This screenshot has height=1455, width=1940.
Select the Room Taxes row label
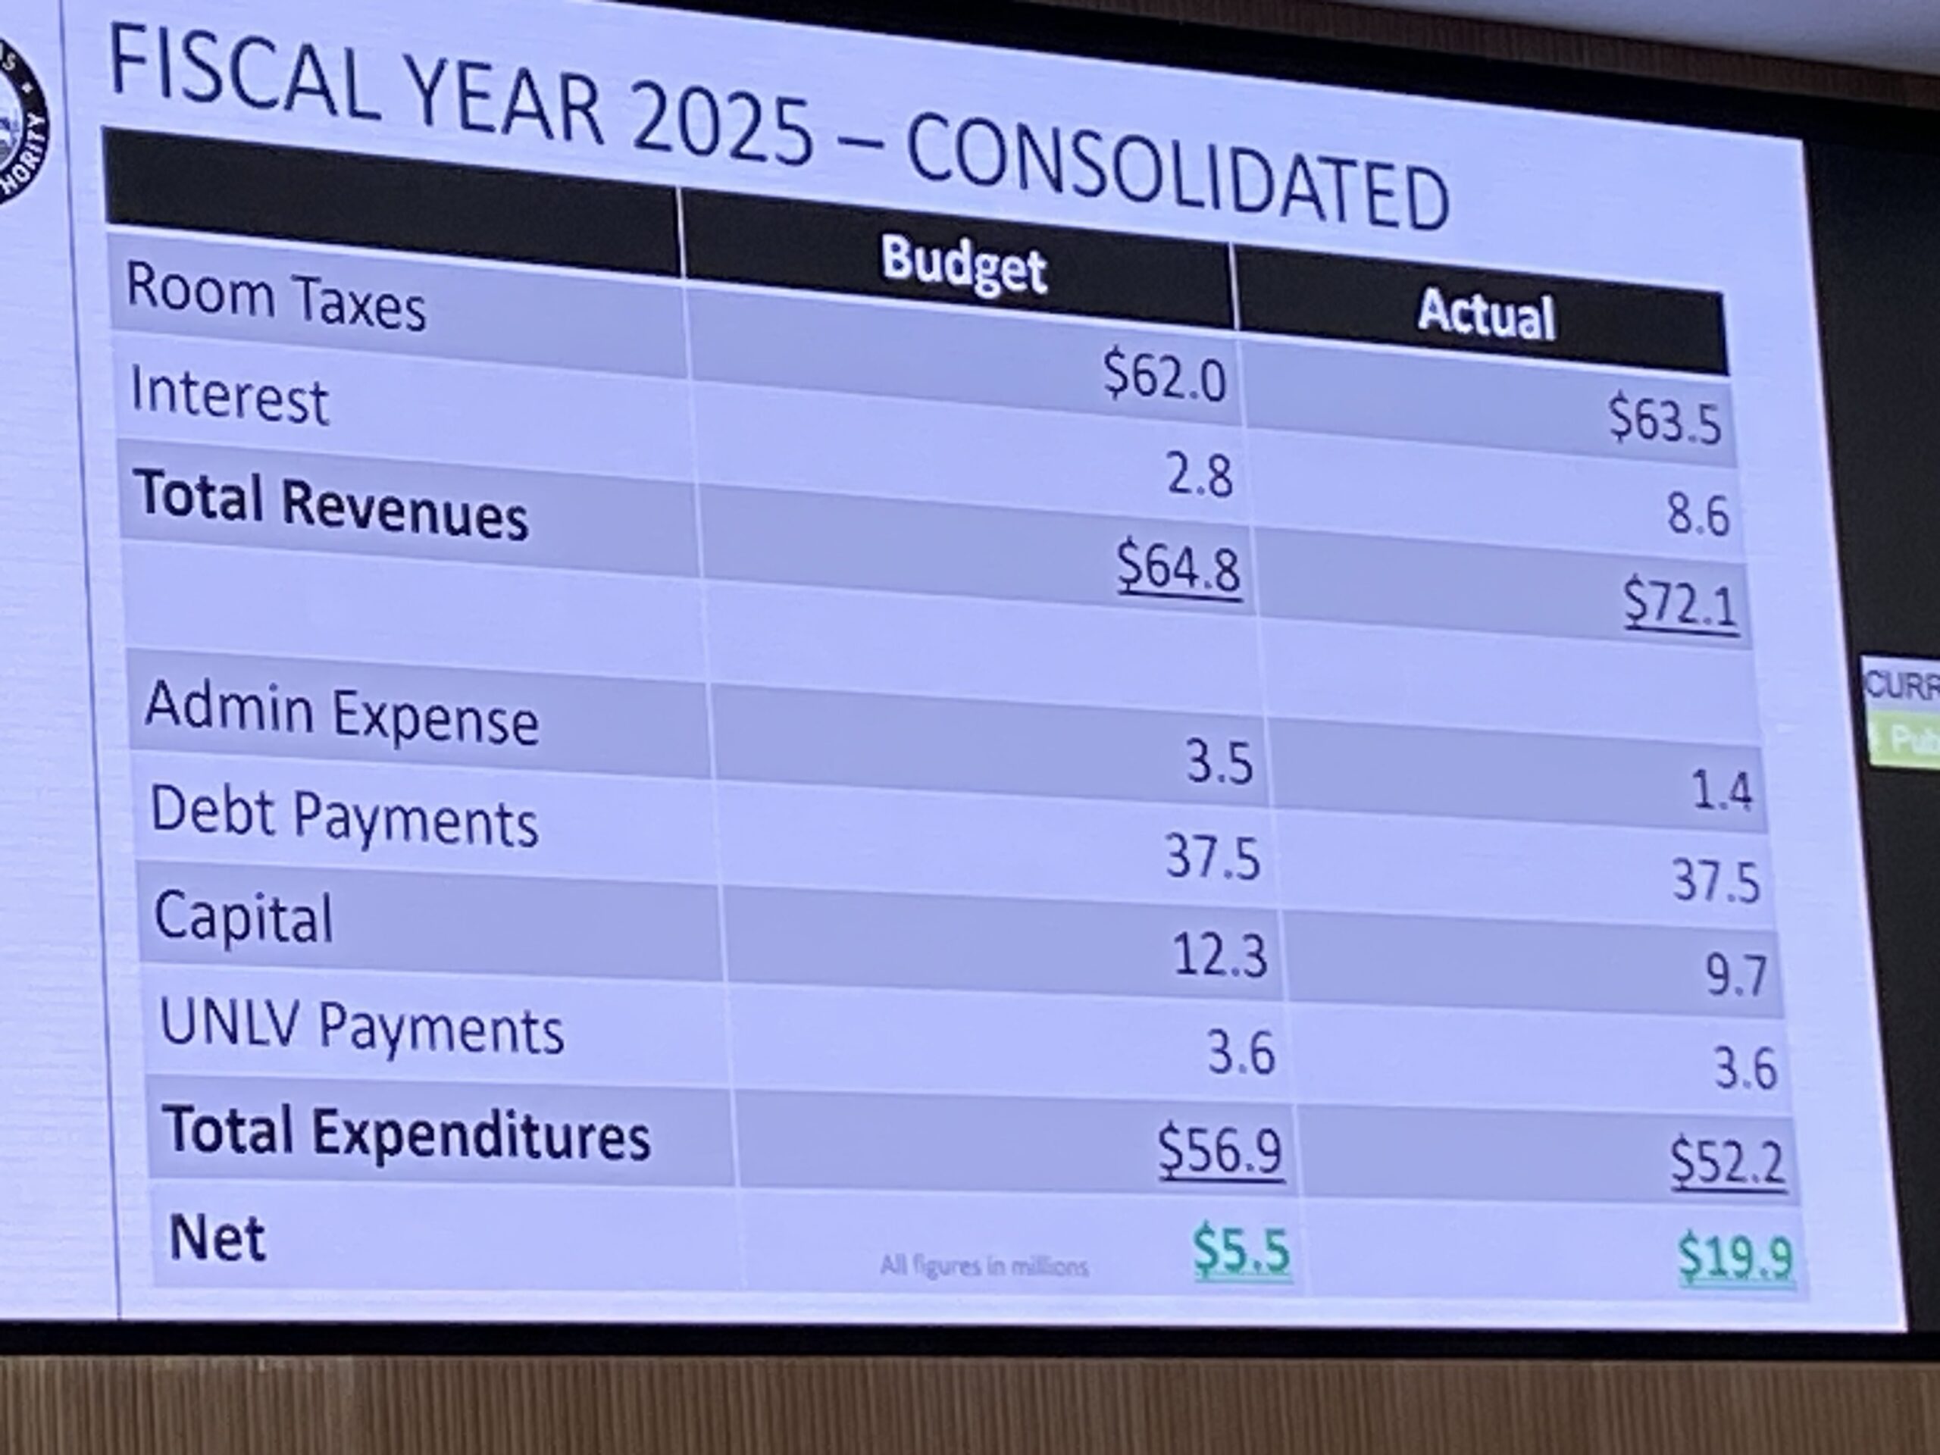[275, 298]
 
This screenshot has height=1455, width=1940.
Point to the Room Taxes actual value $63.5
[1663, 420]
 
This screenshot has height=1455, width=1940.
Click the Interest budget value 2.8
[1199, 476]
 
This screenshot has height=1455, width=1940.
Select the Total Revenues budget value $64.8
[1178, 569]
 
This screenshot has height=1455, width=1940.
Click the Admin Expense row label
[342, 715]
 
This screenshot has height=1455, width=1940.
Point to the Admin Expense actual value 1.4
[1722, 790]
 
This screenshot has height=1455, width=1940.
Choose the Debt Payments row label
[344, 818]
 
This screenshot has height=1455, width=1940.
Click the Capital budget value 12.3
[1220, 955]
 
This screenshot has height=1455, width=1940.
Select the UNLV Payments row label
[361, 1027]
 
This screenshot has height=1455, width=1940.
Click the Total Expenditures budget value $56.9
[1220, 1150]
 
